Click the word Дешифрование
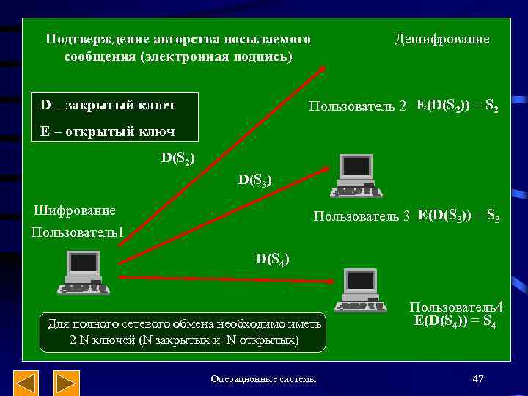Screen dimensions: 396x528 pos(441,39)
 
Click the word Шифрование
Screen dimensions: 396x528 pos(76,210)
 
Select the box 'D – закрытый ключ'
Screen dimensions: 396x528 pos(107,105)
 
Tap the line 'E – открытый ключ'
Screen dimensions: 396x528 pos(107,131)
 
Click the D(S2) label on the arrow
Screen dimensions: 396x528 pos(178,157)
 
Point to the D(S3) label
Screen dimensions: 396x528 pos(255,179)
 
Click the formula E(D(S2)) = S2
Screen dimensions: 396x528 pos(458,106)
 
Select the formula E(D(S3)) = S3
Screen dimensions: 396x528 pos(459,216)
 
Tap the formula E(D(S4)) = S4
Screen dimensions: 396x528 pos(455,320)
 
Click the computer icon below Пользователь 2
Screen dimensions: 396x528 pos(356,176)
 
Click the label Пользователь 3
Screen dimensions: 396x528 pos(362,216)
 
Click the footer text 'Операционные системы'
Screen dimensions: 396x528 pos(263,379)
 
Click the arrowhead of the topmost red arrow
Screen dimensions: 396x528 pos(322,69)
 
